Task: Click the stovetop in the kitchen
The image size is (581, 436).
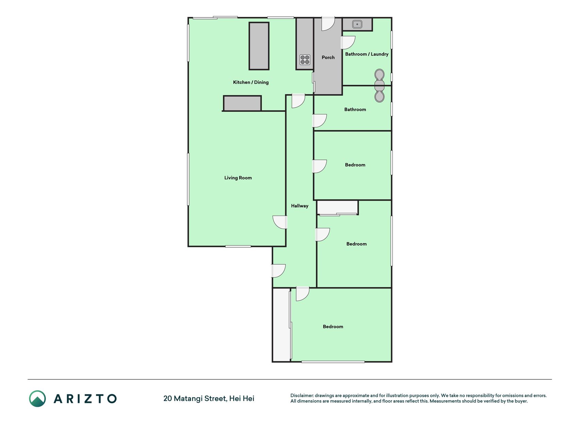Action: (305, 60)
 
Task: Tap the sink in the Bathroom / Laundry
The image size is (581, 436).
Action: (357, 24)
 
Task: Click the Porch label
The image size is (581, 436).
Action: (328, 58)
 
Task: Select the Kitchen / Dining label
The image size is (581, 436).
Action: (251, 82)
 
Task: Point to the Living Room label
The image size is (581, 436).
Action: (238, 178)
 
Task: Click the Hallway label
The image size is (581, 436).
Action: (300, 206)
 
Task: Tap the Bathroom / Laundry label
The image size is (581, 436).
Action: (367, 54)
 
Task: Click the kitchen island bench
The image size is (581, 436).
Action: (259, 46)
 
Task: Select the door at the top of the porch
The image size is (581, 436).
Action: (328, 24)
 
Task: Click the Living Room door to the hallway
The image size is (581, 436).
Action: (280, 222)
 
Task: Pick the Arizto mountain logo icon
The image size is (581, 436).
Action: (37, 399)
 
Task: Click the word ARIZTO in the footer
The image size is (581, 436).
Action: (85, 399)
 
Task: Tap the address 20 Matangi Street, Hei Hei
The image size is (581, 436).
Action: (209, 399)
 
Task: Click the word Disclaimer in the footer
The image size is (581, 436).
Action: (302, 395)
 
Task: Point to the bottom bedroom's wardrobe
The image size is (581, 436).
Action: (281, 325)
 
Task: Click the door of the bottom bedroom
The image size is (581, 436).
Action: (303, 294)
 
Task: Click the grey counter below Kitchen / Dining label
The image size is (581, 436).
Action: (242, 103)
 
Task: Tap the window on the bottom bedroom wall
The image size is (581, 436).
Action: (333, 362)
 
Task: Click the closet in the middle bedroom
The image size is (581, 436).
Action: (337, 207)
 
